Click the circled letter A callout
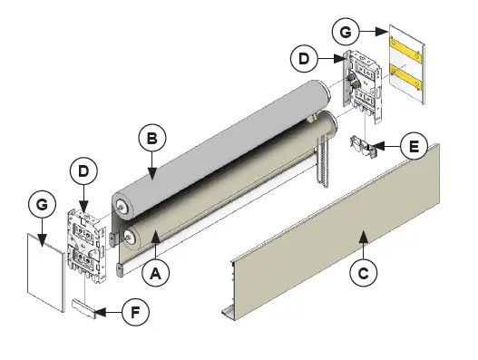tap(158, 269)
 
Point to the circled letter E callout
tap(414, 145)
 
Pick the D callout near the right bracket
tap(306, 60)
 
